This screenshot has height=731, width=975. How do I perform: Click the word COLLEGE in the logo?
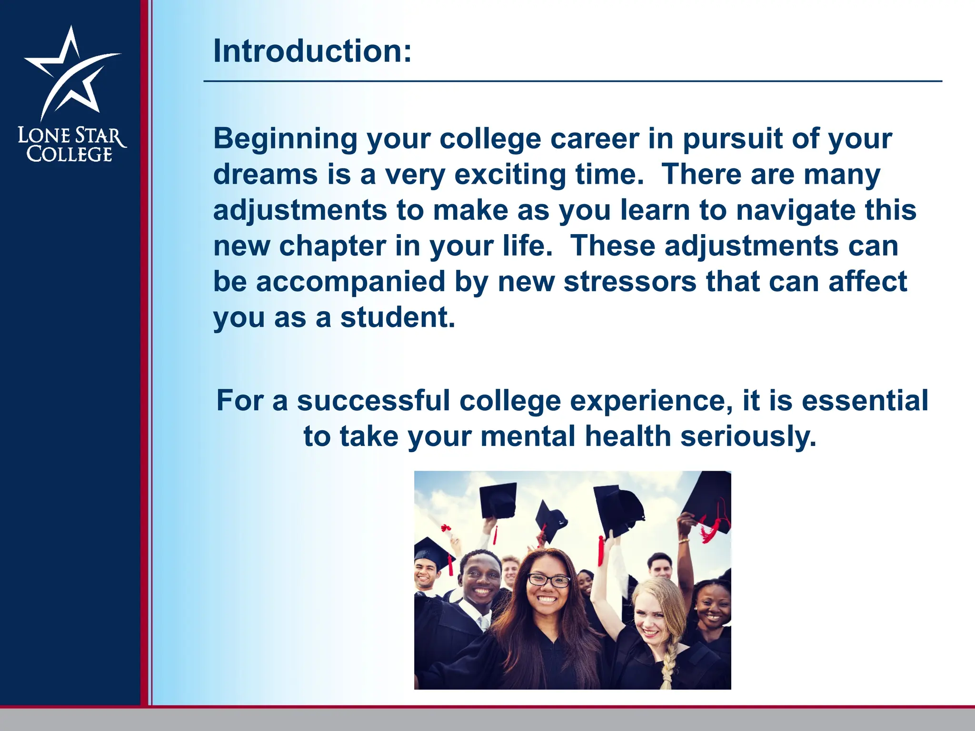pyautogui.click(x=70, y=155)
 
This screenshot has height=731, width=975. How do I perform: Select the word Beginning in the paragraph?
pyautogui.click(x=285, y=139)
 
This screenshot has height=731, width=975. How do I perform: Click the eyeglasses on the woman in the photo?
pyautogui.click(x=549, y=580)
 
